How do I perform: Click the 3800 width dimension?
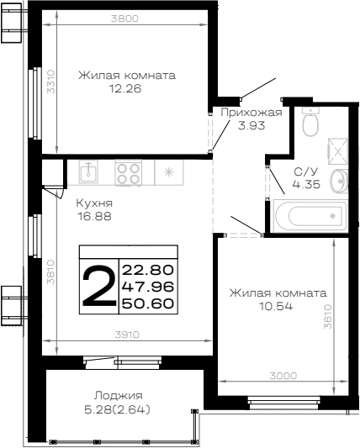[124, 18]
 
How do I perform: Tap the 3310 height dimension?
[51, 82]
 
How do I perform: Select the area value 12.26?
[125, 89]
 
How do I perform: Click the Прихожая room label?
[251, 113]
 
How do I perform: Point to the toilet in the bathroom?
[310, 122]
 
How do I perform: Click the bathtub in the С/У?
[310, 216]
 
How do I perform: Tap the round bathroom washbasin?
[340, 181]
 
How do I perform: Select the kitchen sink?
[88, 171]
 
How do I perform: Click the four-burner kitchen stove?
[129, 172]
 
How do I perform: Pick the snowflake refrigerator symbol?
[169, 172]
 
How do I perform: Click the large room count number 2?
[99, 286]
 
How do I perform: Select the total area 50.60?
[148, 303]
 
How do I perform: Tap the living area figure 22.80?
[148, 270]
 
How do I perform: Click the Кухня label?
[94, 203]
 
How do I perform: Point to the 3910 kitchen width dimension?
[127, 335]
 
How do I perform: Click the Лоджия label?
[119, 396]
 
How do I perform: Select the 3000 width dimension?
[283, 376]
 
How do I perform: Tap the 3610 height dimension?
[328, 316]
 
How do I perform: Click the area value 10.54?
[276, 307]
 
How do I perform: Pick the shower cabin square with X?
[338, 151]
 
